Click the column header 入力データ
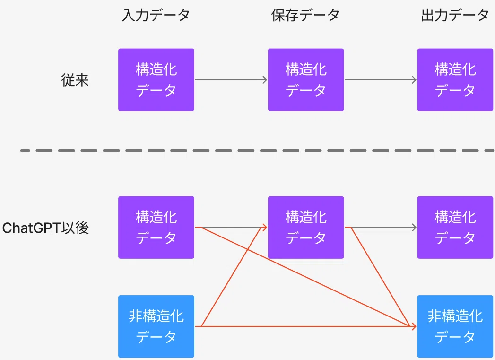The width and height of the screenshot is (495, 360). (x=156, y=15)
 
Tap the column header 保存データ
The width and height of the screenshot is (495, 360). (x=305, y=15)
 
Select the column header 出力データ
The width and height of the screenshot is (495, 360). (x=455, y=15)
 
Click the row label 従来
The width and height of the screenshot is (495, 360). (x=75, y=80)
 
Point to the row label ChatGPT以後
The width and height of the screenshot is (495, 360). (x=45, y=228)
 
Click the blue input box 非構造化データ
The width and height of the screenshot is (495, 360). (x=156, y=326)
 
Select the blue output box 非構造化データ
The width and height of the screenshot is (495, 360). (x=455, y=326)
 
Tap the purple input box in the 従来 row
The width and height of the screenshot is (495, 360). (x=156, y=79)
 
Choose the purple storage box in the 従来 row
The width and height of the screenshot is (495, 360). (x=306, y=79)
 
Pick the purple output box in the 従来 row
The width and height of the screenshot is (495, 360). (x=455, y=79)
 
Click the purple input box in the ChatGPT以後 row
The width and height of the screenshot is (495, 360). (x=156, y=228)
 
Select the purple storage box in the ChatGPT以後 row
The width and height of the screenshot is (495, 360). (x=306, y=228)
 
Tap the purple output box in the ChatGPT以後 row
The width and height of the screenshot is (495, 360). (x=455, y=228)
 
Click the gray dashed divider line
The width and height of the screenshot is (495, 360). (x=257, y=151)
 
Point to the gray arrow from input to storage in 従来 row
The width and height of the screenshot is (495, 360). (x=231, y=79)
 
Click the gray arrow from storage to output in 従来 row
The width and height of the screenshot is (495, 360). (x=381, y=79)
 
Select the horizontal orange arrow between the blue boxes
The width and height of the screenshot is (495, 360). (x=305, y=326)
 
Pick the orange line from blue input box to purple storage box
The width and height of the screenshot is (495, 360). (x=234, y=277)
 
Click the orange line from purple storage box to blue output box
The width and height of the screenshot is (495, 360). (x=381, y=277)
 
